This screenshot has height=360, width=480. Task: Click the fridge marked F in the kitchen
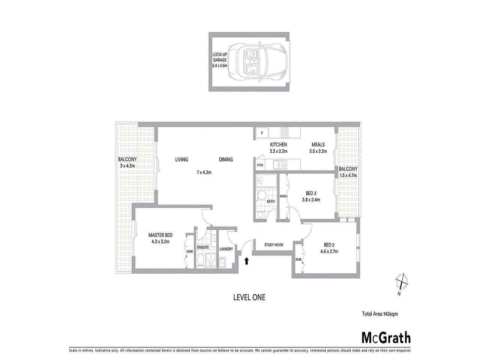pyautogui.click(x=262, y=133)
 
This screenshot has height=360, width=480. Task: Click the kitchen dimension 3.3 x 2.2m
pyautogui.click(x=278, y=151)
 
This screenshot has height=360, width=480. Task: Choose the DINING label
pyautogui.click(x=226, y=160)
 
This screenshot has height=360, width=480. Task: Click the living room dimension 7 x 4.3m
pyautogui.click(x=204, y=173)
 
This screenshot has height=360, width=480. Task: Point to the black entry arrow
pyautogui.click(x=247, y=261)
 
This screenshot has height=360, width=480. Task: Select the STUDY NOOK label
pyautogui.click(x=274, y=245)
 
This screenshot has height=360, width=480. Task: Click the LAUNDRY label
pyautogui.click(x=226, y=249)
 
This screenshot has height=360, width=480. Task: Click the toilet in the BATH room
pyautogui.click(x=262, y=195)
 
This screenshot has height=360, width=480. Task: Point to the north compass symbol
pyautogui.click(x=402, y=281)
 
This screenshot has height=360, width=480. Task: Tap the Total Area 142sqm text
pyautogui.click(x=379, y=314)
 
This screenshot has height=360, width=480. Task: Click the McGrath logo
pyautogui.click(x=386, y=337)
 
